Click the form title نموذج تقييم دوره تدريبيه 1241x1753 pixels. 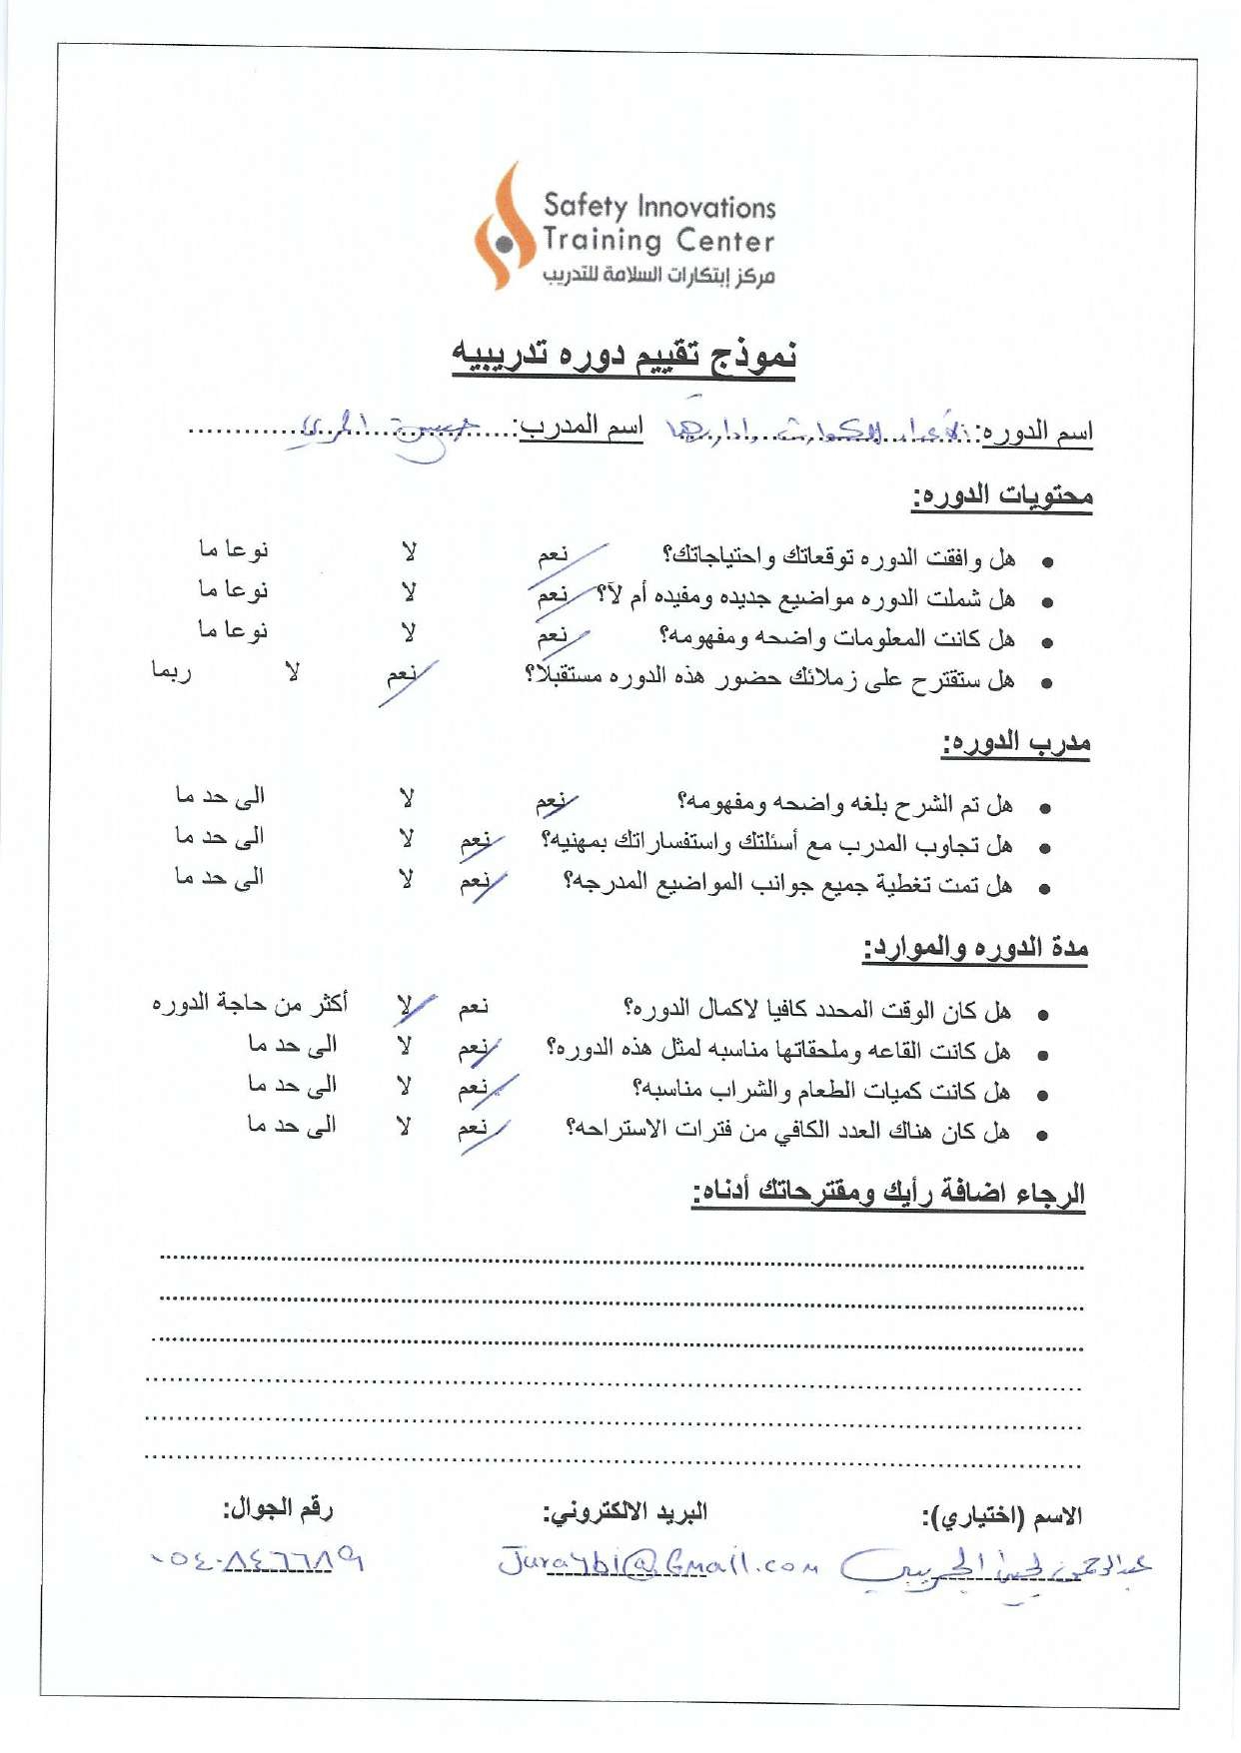click(x=624, y=356)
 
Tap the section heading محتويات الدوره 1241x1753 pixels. click(x=1001, y=495)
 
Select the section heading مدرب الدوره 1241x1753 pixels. click(x=1015, y=743)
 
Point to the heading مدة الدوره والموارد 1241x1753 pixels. click(x=975, y=948)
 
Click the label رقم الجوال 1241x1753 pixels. click(x=278, y=1508)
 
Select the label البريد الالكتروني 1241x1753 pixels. click(x=624, y=1512)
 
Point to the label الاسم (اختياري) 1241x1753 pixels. click(x=1001, y=1516)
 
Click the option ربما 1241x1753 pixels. click(x=171, y=671)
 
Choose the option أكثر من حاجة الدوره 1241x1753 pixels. click(x=250, y=1003)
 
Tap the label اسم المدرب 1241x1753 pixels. click(x=580, y=428)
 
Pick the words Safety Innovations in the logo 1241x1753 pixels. click(x=658, y=207)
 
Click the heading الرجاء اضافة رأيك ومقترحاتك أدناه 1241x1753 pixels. click(x=888, y=1194)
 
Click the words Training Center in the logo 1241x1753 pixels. click(x=658, y=241)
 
